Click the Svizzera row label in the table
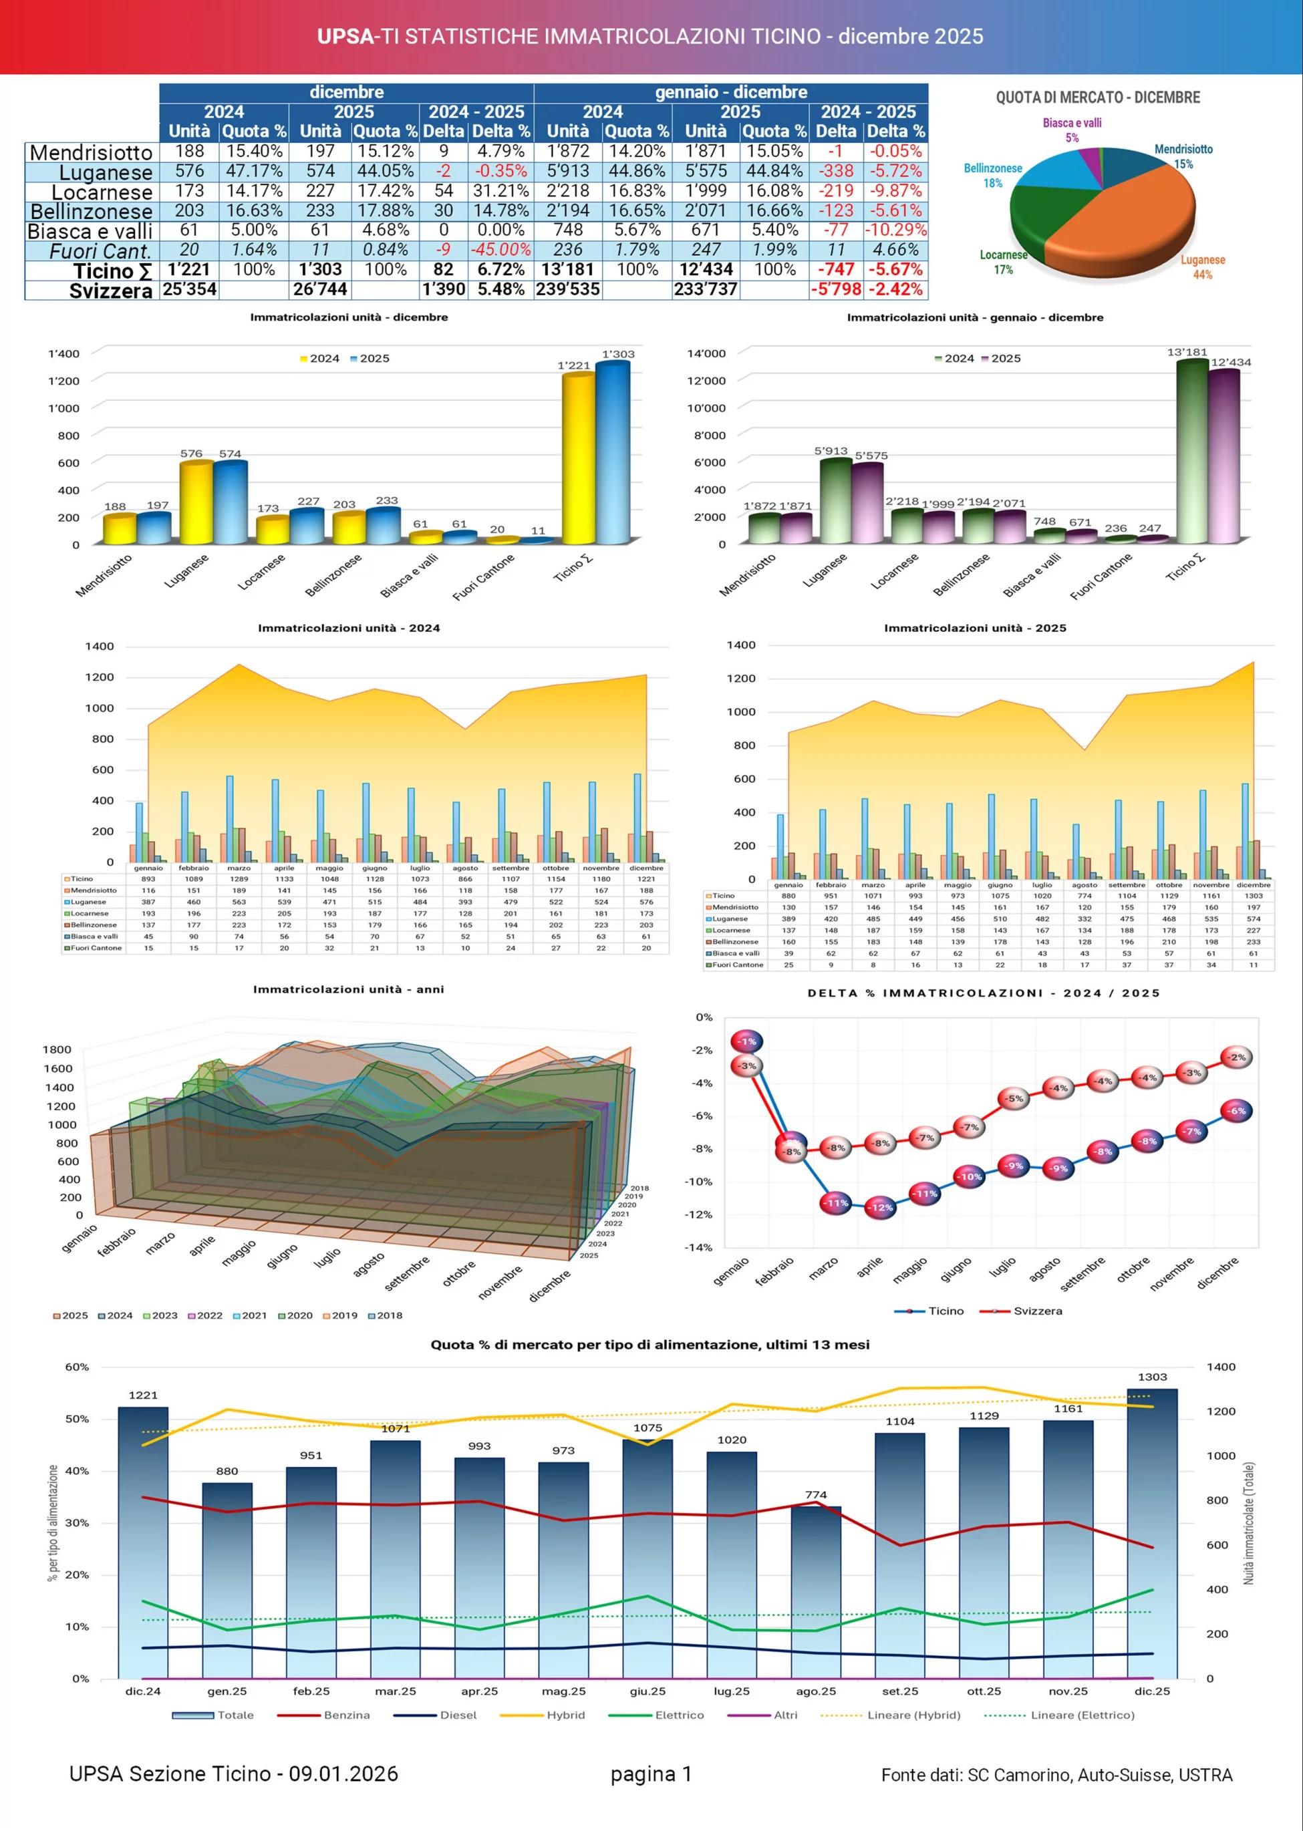point(110,291)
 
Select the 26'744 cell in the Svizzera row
point(320,289)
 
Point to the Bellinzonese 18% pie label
point(992,176)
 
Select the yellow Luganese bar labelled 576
point(196,503)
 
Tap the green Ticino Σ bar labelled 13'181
point(1192,453)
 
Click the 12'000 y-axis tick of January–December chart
point(706,381)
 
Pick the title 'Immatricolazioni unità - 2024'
point(349,628)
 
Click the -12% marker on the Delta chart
point(880,1207)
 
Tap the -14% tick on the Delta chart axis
point(698,1247)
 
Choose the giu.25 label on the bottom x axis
point(647,1691)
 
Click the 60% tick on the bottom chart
point(77,1367)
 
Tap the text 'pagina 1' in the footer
point(651,1774)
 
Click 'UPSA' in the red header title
point(345,36)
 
